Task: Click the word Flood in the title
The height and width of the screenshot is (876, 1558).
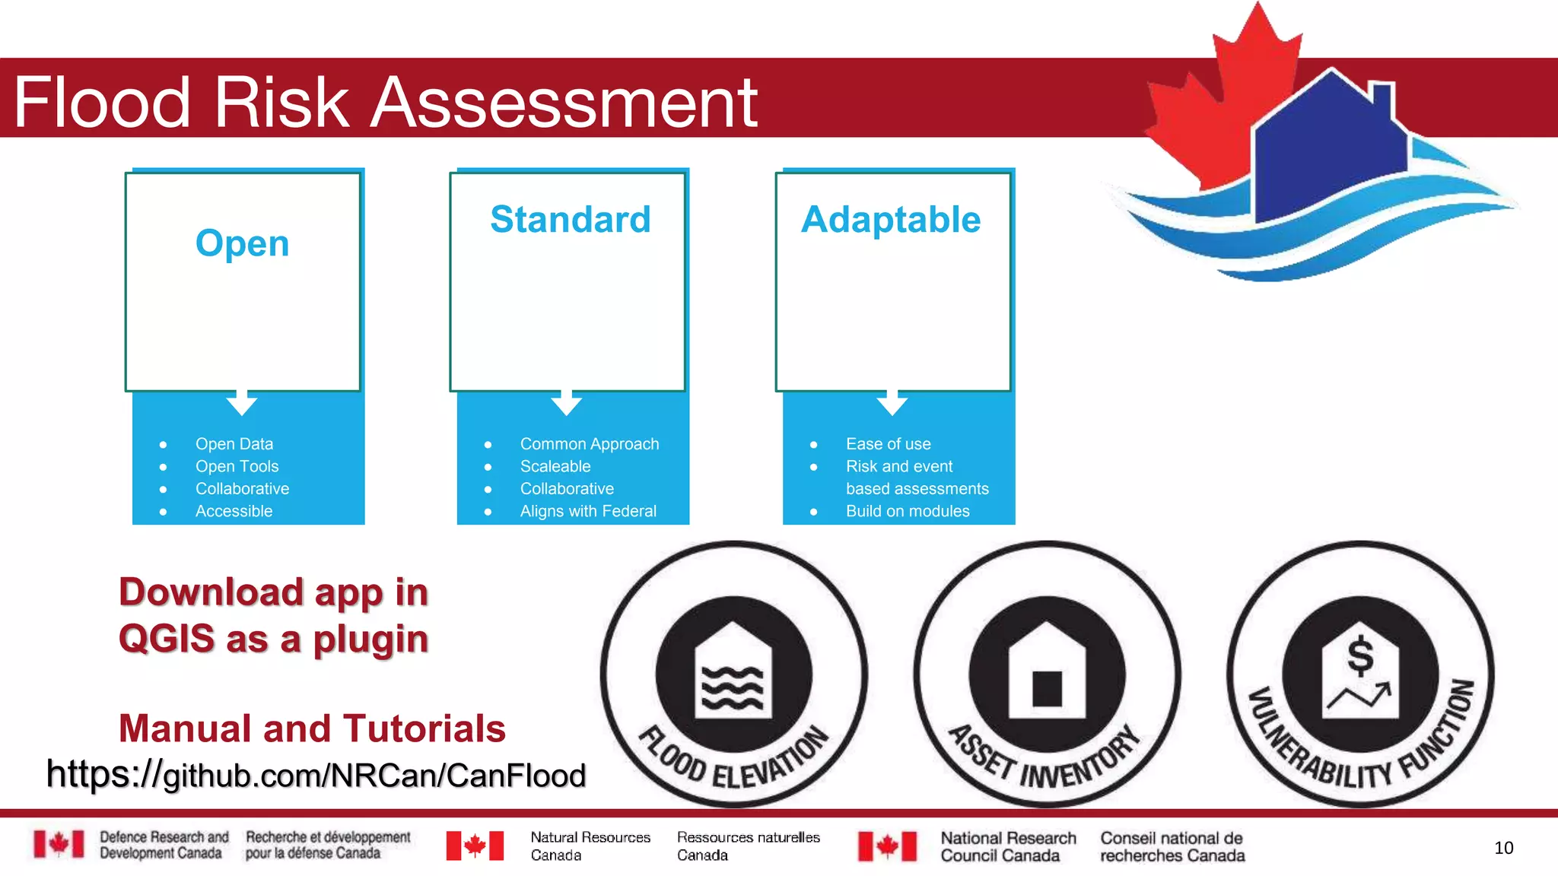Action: pyautogui.click(x=102, y=102)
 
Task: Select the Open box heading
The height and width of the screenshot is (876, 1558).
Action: pyautogui.click(x=242, y=243)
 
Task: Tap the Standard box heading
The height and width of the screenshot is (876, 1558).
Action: pyautogui.click(x=571, y=220)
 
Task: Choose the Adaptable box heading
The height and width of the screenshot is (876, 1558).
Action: pyautogui.click(x=891, y=220)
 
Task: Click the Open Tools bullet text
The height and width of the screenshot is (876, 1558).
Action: pyautogui.click(x=237, y=466)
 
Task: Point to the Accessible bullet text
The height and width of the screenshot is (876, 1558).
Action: pyautogui.click(x=234, y=511)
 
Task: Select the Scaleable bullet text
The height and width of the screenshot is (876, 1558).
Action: pyautogui.click(x=555, y=466)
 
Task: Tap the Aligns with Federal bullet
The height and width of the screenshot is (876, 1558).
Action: pyautogui.click(x=588, y=511)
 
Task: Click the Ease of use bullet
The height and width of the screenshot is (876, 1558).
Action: pyautogui.click(x=888, y=443)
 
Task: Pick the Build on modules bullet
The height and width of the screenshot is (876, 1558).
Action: pyautogui.click(x=908, y=511)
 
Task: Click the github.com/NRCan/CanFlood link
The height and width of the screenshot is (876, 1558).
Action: pyautogui.click(x=316, y=775)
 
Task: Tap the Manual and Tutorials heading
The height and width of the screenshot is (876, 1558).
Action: pyautogui.click(x=312, y=728)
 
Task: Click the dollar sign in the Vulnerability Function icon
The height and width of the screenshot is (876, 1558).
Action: pyautogui.click(x=1360, y=656)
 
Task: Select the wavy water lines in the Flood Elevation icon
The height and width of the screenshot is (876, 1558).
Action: pyautogui.click(x=733, y=687)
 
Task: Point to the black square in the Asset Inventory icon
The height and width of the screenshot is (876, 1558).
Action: pyautogui.click(x=1047, y=688)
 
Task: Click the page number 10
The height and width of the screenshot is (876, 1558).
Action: pyautogui.click(x=1503, y=848)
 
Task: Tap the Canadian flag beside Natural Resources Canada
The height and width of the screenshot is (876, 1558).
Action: pyautogui.click(x=475, y=846)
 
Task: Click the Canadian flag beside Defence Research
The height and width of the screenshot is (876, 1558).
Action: pyautogui.click(x=59, y=844)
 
